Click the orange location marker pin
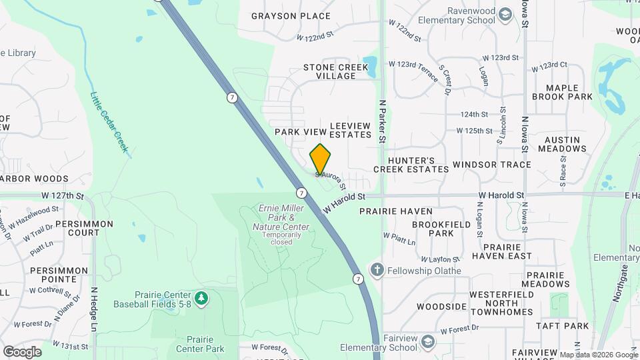(320, 159)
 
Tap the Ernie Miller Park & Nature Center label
(281, 218)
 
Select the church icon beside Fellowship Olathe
(377, 270)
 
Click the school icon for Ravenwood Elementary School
(506, 15)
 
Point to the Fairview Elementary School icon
(427, 342)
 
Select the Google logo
(22, 351)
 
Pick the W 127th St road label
(63, 197)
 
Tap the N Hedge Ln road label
(94, 309)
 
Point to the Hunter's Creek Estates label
(411, 165)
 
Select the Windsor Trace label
(491, 165)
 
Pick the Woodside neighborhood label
(441, 307)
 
